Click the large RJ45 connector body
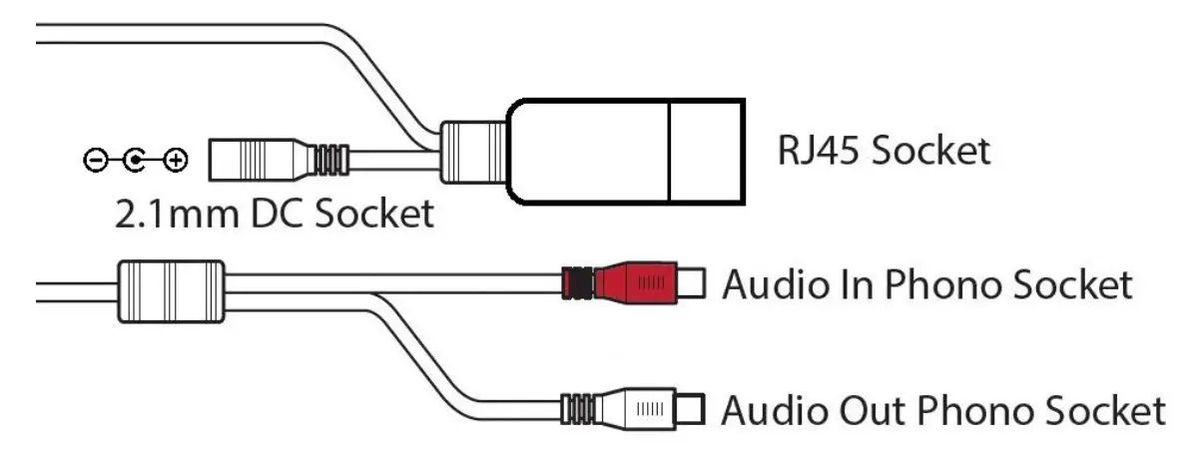click(624, 151)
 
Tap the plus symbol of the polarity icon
click(176, 160)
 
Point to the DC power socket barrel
click(260, 159)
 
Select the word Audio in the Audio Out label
click(768, 410)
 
